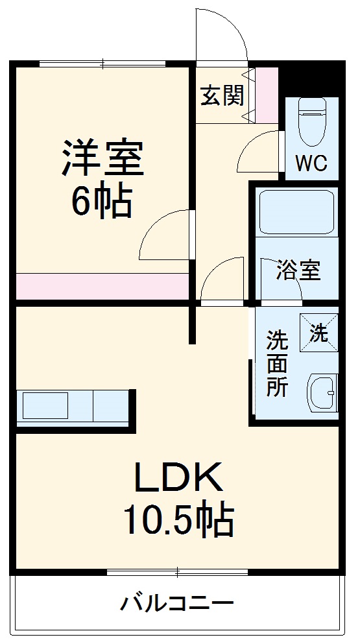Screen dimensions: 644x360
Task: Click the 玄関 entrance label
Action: coord(222,96)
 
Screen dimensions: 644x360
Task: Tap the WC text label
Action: coord(311,163)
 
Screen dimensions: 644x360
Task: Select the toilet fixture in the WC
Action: coord(312,123)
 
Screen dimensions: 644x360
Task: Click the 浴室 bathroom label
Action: coord(298,270)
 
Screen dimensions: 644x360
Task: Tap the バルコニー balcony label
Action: coord(176,604)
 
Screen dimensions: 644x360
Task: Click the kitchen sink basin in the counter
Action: coord(45,407)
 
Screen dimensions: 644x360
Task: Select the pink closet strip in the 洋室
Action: coord(102,286)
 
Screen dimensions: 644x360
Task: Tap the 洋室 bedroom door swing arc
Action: coord(166,234)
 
